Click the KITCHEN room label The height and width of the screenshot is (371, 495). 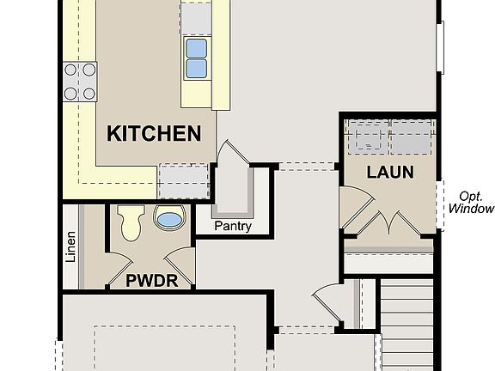click(x=154, y=133)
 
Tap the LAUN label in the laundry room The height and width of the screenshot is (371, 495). click(x=390, y=172)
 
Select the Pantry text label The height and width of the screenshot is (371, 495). click(x=233, y=227)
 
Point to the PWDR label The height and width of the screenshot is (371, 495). click(x=151, y=280)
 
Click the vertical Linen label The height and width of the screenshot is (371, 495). click(x=71, y=247)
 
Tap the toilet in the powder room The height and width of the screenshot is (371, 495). click(x=131, y=222)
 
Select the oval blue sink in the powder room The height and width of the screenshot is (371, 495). click(x=168, y=220)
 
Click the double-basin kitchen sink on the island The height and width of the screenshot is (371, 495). click(x=197, y=57)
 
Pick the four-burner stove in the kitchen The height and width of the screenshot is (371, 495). click(x=78, y=82)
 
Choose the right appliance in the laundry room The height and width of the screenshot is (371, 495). click(x=412, y=137)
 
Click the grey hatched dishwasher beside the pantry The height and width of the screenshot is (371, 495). click(x=184, y=180)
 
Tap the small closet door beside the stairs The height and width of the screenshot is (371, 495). click(x=328, y=302)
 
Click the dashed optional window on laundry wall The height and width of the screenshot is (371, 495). click(x=439, y=205)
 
